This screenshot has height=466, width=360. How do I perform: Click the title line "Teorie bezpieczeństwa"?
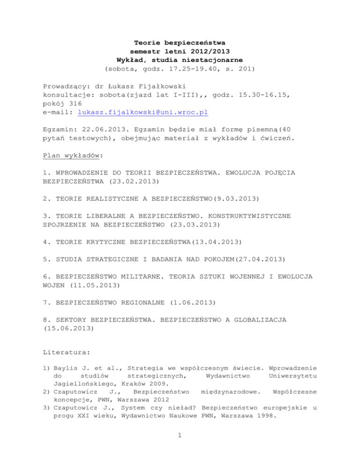pyautogui.click(x=180, y=43)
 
